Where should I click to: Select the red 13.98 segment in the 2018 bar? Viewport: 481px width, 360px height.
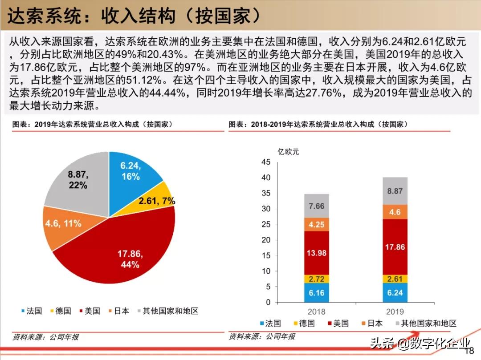click(x=316, y=253)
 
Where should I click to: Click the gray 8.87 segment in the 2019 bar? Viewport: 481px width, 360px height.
click(x=395, y=191)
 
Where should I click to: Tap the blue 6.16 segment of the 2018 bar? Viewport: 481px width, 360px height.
click(x=316, y=292)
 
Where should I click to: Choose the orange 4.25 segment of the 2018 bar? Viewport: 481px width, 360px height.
click(x=316, y=224)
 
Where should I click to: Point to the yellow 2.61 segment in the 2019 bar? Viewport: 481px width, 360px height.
click(x=395, y=279)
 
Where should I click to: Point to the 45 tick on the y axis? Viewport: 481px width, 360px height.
click(x=266, y=162)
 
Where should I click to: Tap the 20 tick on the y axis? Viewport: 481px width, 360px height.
click(x=266, y=240)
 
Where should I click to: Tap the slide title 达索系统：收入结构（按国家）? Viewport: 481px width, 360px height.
click(x=134, y=16)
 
